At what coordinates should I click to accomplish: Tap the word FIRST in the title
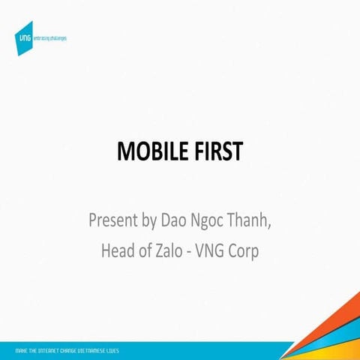click(217, 152)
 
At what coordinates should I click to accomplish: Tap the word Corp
click(247, 251)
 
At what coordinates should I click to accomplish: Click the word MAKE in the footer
click(21, 350)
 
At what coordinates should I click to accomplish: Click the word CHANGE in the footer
click(73, 350)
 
